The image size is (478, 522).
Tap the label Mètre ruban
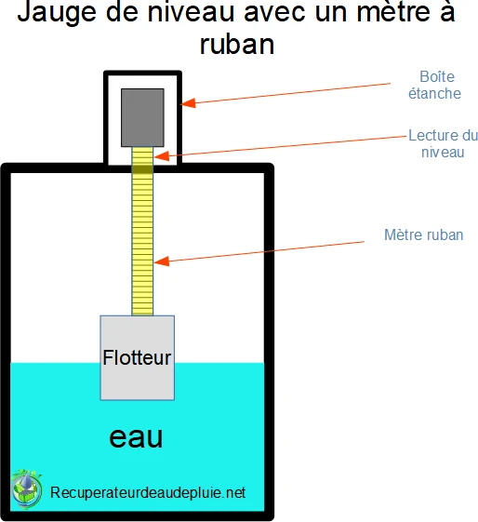[x=423, y=235]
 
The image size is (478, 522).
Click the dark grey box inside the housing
[x=142, y=115]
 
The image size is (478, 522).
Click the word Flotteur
[x=138, y=357]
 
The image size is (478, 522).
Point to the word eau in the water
[x=137, y=437]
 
